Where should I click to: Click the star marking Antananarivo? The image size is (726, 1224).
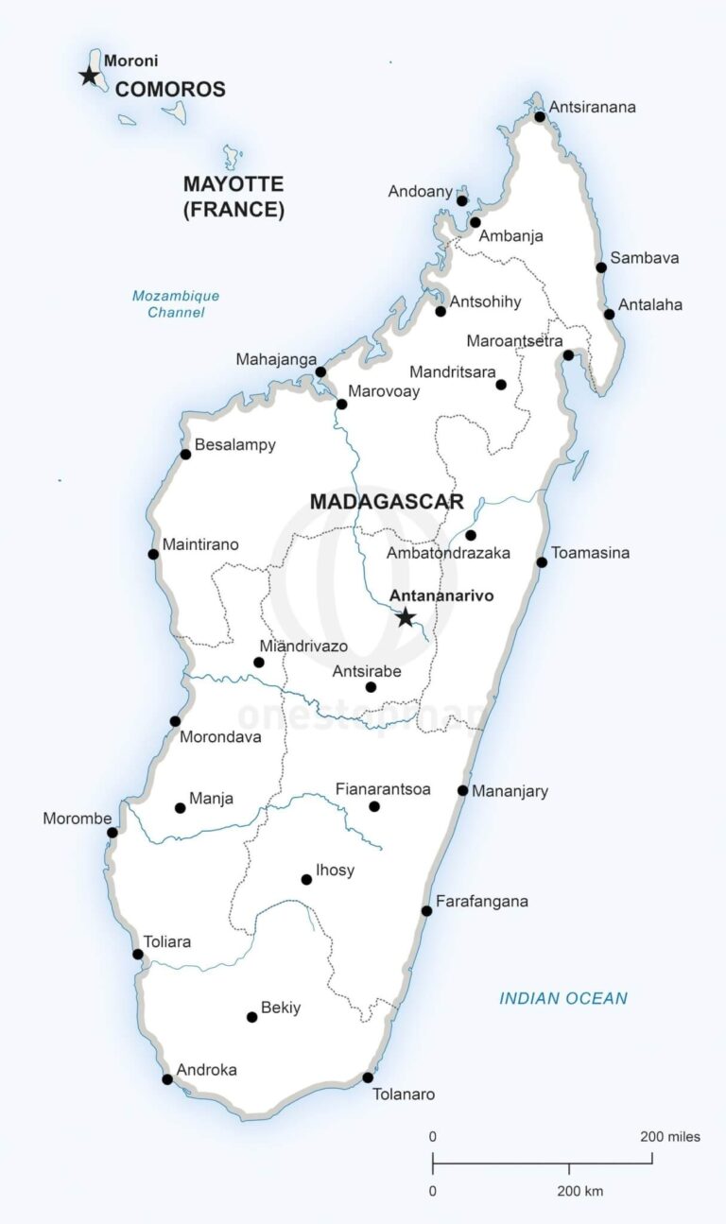(406, 617)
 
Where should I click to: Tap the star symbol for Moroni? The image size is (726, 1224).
(89, 76)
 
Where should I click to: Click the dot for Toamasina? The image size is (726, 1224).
(542, 562)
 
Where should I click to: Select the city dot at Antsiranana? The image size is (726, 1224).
(540, 116)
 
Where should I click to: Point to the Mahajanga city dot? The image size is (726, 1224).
(320, 371)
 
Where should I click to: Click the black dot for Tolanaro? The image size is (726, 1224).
(368, 1077)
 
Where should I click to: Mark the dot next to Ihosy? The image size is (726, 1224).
(306, 879)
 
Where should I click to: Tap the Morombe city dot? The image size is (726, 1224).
(112, 833)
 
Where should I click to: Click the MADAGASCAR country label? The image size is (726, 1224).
(387, 501)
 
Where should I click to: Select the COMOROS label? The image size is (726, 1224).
(170, 90)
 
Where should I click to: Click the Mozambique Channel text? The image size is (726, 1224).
(176, 303)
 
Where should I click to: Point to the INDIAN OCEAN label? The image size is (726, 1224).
(563, 998)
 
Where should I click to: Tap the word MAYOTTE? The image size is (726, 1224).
(233, 184)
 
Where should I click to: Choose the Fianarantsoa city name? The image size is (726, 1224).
(383, 788)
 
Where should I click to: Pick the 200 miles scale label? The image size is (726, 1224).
(670, 1136)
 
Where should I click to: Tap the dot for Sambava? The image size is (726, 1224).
(601, 267)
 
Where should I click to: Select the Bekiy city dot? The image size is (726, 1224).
(251, 1017)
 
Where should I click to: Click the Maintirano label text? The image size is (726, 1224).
(200, 544)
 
